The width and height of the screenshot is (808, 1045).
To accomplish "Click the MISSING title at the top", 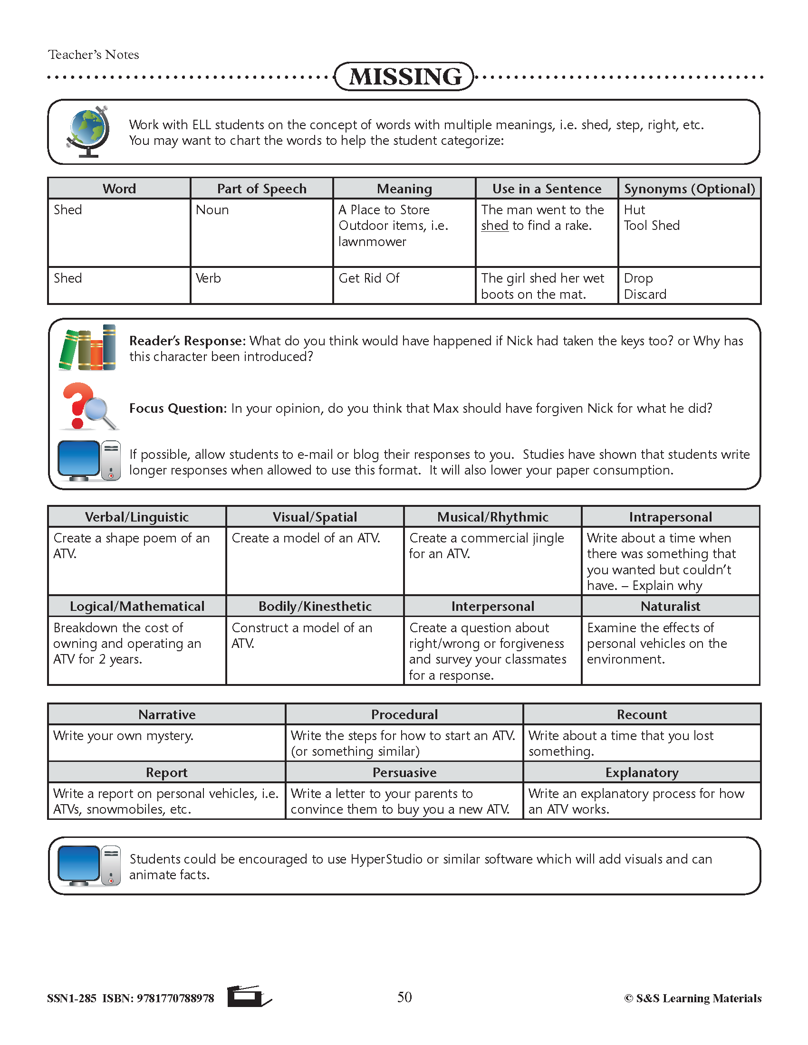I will point(404,76).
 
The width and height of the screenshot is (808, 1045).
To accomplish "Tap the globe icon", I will point(87,132).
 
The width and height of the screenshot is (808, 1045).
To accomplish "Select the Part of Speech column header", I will point(261,189).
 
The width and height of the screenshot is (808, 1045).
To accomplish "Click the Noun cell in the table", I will point(212,210).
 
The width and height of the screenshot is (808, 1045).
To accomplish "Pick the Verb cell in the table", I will point(208,278).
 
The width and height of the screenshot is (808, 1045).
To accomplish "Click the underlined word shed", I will point(494,226).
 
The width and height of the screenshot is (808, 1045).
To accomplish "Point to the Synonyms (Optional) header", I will point(689,189).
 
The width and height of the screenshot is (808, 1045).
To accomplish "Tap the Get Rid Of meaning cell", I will point(369,278).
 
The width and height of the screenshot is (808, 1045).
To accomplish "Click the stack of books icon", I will point(87,348).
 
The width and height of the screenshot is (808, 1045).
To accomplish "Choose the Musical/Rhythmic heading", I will point(492,517).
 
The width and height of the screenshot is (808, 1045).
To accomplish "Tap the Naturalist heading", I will point(670,606).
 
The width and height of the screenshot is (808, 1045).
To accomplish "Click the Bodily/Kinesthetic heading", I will point(315,606).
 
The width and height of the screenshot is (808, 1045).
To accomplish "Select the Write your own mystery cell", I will point(124,735).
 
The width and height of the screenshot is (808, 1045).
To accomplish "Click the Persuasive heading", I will point(404,772).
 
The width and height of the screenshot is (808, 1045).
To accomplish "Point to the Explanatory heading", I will point(642,772).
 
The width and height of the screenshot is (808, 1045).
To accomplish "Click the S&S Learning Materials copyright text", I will point(693,998).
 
